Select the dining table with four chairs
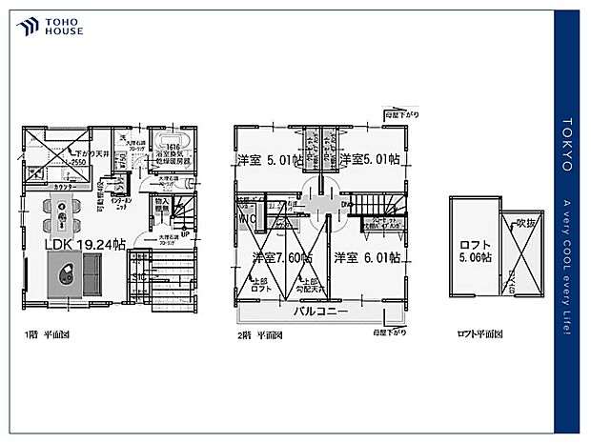(x=62, y=215)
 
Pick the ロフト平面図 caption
(x=480, y=335)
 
